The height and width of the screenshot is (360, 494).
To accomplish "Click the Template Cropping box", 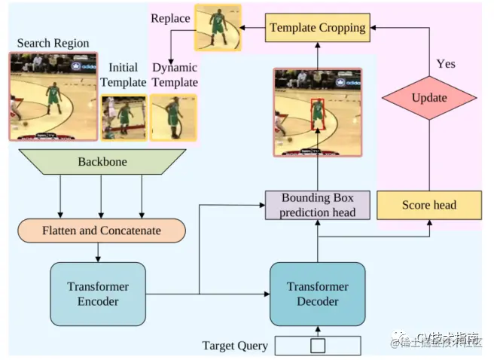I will pyautogui.click(x=317, y=28).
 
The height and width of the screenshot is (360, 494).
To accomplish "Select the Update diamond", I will pyautogui.click(x=429, y=98).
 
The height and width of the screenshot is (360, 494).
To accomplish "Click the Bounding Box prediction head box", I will pyautogui.click(x=317, y=205).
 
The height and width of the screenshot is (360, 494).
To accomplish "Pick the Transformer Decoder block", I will pyautogui.click(x=317, y=294).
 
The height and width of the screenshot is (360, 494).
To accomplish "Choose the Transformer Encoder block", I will pyautogui.click(x=97, y=294).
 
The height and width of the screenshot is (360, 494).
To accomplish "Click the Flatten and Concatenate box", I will pyautogui.click(x=100, y=230).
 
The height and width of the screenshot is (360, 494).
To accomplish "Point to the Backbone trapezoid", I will pyautogui.click(x=102, y=162).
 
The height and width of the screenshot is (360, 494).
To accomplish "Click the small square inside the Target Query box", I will pyautogui.click(x=318, y=346).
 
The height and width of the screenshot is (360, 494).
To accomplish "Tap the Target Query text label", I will pyautogui.click(x=235, y=346).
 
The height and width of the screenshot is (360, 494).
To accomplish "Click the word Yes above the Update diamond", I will pyautogui.click(x=446, y=64).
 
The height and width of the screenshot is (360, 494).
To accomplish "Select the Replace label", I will pyautogui.click(x=170, y=17).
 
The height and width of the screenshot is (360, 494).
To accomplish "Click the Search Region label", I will pyautogui.click(x=53, y=44).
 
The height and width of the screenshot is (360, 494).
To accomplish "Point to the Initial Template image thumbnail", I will pyautogui.click(x=123, y=117).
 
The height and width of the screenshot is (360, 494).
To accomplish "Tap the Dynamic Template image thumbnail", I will pyautogui.click(x=174, y=117).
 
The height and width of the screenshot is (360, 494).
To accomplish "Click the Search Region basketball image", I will pyautogui.click(x=53, y=96).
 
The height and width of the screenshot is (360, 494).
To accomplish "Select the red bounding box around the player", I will pyautogui.click(x=317, y=110).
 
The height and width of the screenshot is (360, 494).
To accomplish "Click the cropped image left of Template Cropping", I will pyautogui.click(x=218, y=28).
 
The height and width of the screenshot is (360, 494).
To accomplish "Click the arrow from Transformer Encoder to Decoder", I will pyautogui.click(x=233, y=294).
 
